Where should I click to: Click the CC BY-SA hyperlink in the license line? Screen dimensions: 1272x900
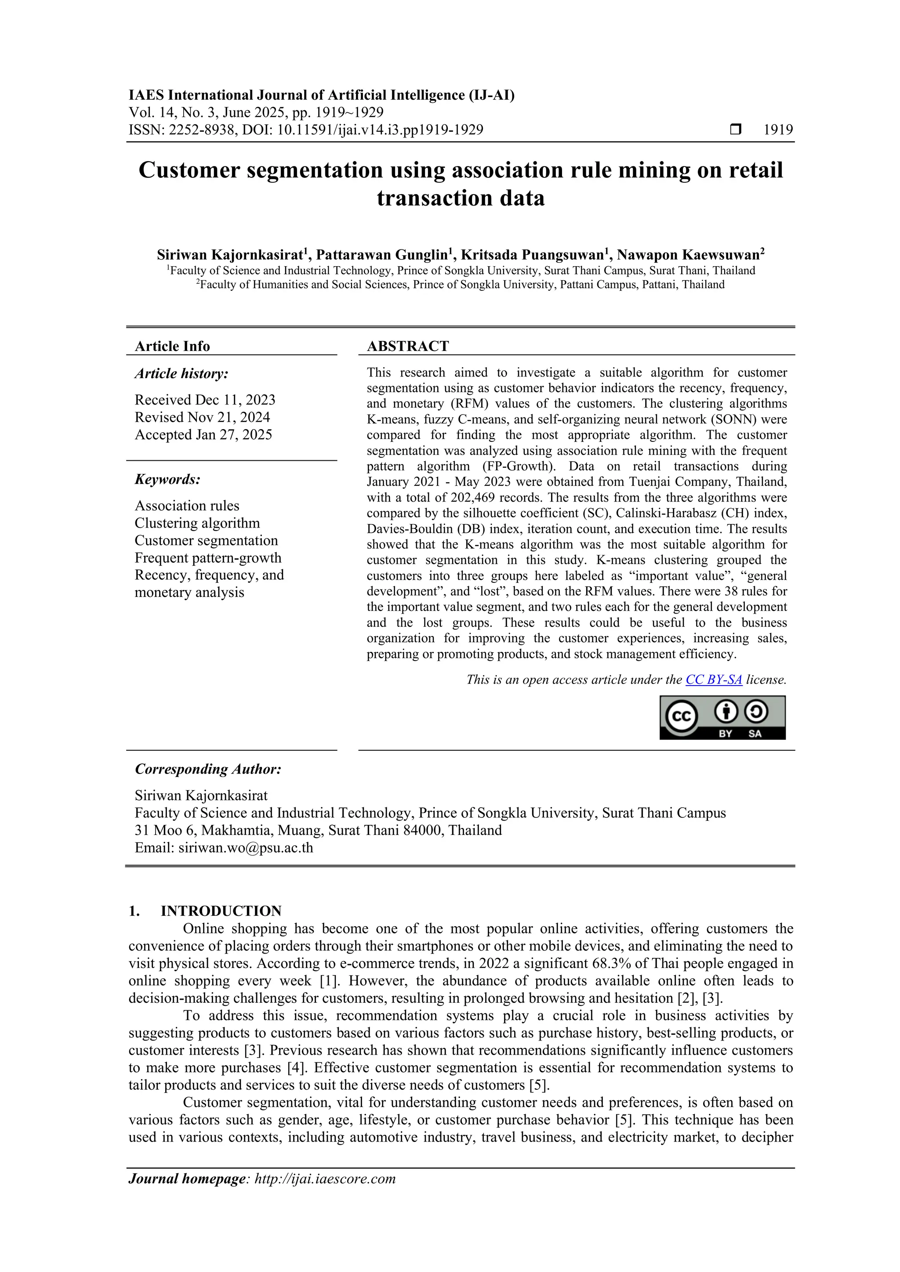713,680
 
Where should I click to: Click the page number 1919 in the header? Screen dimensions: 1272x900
778,130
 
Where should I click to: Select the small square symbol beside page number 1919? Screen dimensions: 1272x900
735,130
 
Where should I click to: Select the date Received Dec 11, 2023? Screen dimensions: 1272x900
205,400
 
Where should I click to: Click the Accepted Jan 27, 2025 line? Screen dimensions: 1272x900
203,435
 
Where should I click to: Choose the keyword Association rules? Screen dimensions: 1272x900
187,506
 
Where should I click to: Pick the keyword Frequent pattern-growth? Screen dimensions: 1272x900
208,558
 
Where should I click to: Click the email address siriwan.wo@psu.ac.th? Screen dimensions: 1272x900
246,848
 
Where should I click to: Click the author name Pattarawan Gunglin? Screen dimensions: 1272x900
381,255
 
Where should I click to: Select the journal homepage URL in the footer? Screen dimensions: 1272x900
325,1178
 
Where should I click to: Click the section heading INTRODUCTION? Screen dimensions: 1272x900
221,911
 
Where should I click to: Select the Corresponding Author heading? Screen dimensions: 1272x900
208,769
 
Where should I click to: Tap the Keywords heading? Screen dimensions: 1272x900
167,479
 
